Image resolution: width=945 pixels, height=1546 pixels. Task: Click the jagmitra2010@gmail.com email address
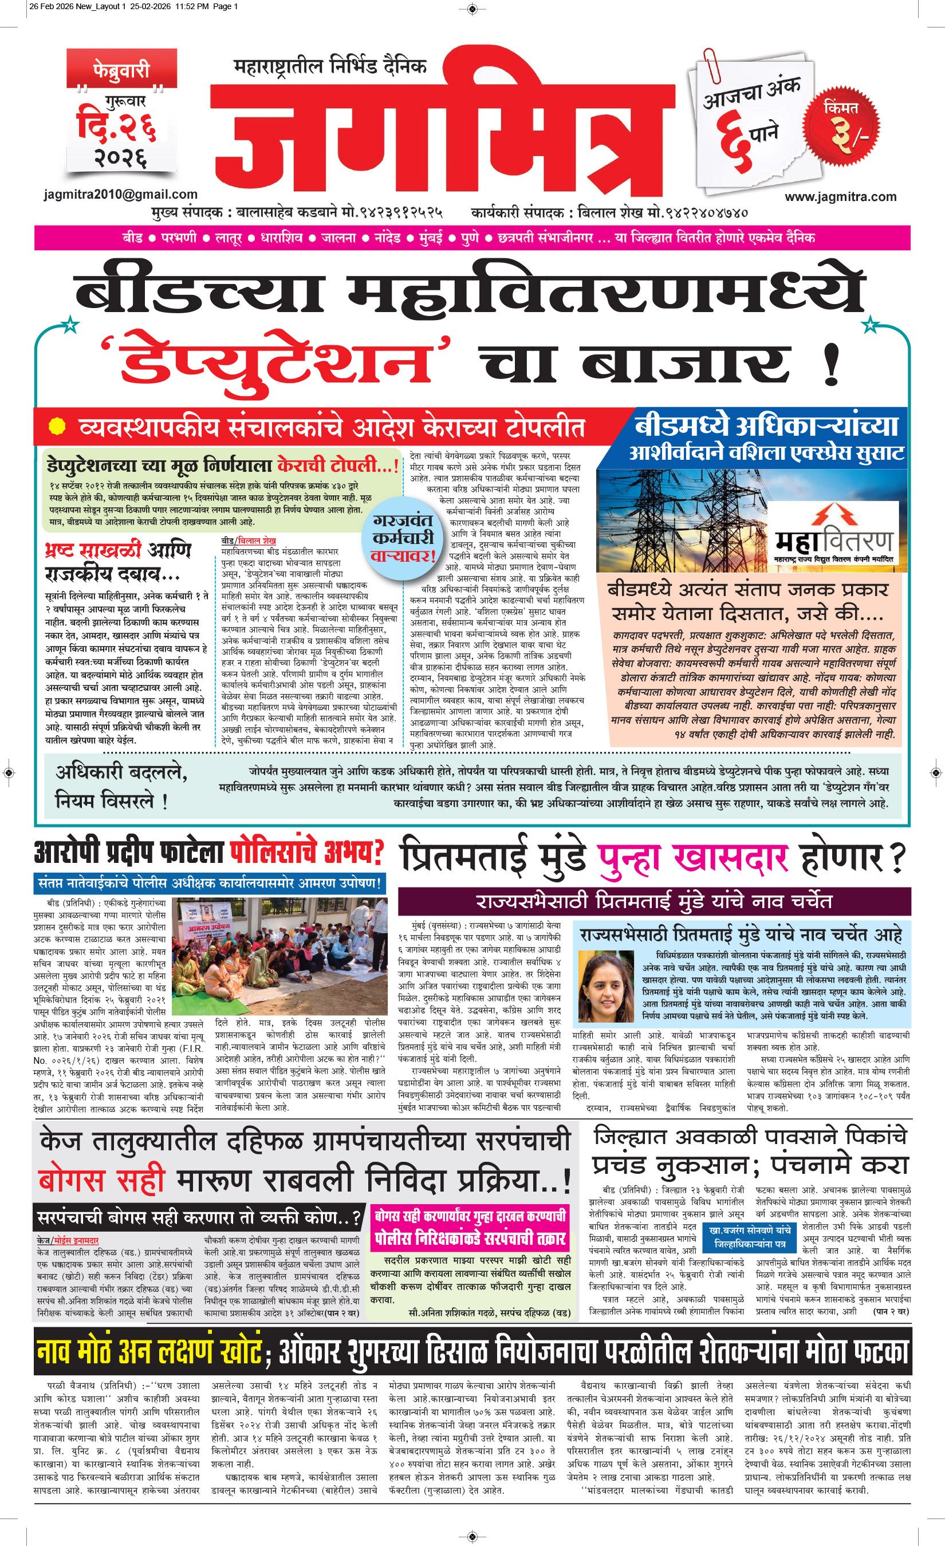(x=121, y=195)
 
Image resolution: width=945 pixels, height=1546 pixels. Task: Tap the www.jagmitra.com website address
(x=840, y=196)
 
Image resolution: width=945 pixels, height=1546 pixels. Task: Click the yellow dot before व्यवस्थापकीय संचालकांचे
(x=57, y=427)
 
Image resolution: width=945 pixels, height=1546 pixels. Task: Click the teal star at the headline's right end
(x=870, y=325)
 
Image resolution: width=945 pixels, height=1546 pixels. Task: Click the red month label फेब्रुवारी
(x=113, y=69)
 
